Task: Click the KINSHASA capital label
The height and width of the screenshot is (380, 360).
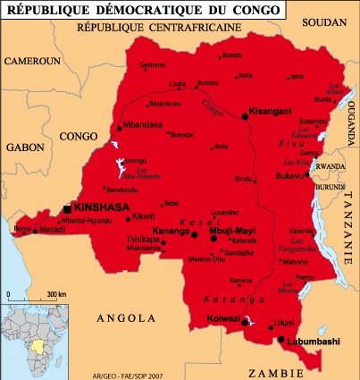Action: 99,207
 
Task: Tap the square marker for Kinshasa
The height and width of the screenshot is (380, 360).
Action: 68,208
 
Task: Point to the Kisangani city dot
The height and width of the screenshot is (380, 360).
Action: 244,115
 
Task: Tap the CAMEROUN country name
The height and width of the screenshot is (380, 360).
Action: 31,61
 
